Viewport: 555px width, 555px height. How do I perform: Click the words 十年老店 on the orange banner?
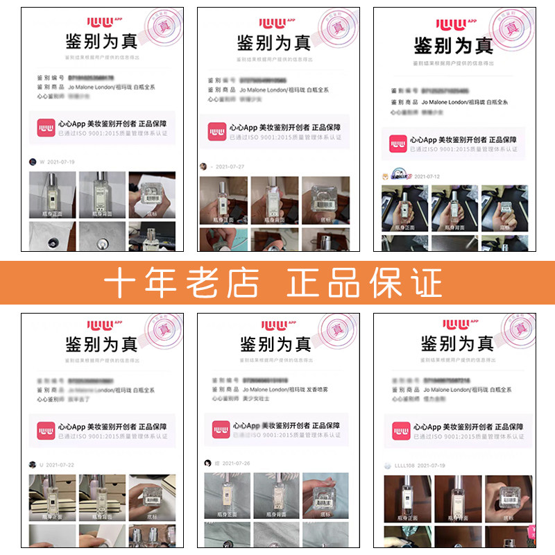[x=182, y=282]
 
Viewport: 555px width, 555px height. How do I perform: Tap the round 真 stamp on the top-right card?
[x=512, y=28]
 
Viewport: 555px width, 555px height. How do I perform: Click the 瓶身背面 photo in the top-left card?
[x=101, y=194]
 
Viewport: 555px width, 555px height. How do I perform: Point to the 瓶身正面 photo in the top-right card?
[x=404, y=208]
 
